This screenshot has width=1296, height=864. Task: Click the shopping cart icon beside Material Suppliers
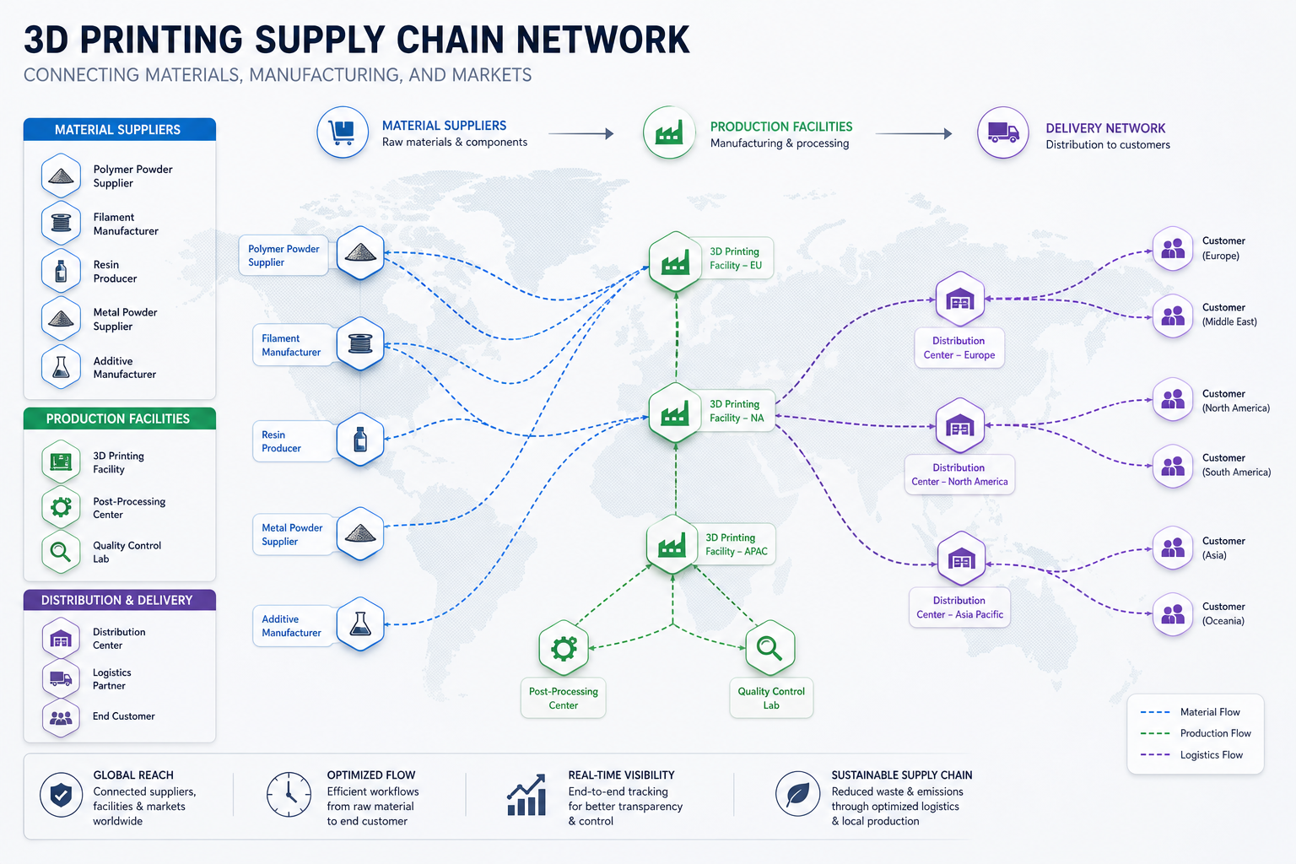click(342, 132)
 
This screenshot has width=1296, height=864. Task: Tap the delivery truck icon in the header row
click(1002, 132)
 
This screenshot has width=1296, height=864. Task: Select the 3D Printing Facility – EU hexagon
click(675, 262)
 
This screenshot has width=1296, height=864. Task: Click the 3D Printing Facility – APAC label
click(737, 544)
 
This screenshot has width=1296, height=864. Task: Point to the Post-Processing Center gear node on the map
click(564, 647)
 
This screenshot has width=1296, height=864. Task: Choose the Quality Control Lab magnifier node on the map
click(770, 647)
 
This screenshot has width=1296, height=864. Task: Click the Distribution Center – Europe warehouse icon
click(960, 300)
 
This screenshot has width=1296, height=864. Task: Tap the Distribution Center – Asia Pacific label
click(960, 607)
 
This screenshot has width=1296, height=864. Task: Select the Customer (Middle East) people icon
click(1173, 316)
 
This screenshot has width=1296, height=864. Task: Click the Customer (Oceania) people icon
click(1173, 614)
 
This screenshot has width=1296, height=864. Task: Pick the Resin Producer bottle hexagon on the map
click(360, 440)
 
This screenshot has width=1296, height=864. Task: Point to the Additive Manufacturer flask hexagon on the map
click(360, 624)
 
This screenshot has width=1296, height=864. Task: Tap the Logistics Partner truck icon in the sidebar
click(61, 678)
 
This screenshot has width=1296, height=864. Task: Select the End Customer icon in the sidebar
click(61, 718)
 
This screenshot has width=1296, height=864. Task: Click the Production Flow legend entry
click(1196, 733)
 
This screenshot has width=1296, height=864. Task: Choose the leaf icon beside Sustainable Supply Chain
click(798, 794)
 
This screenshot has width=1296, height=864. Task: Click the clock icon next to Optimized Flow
click(289, 794)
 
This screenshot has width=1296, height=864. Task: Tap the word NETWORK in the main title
click(602, 40)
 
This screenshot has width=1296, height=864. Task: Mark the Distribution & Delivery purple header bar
click(120, 600)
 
